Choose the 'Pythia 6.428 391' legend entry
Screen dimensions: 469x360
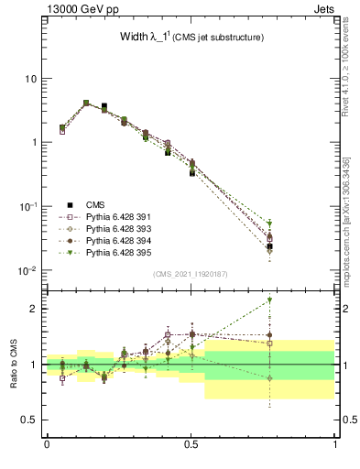pyautogui.click(x=121, y=217)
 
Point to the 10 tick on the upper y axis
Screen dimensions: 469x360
pyautogui.click(x=30, y=79)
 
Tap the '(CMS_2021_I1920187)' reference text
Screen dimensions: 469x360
pyautogui.click(x=190, y=274)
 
